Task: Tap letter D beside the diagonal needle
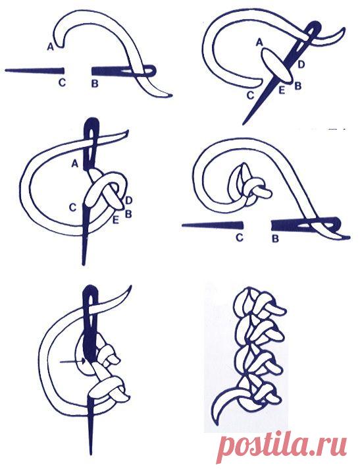(301, 64)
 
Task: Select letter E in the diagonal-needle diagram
(282, 90)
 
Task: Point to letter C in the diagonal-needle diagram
(251, 96)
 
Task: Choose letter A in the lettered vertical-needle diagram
(75, 163)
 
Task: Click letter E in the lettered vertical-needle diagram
(115, 221)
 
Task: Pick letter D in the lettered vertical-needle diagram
(128, 200)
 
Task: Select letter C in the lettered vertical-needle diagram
(73, 208)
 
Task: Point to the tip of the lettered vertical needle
(84, 263)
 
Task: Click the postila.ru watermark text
(283, 443)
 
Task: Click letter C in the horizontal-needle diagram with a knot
(239, 238)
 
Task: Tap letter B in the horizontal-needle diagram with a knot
(275, 239)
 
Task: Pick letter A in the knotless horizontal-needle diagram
(51, 46)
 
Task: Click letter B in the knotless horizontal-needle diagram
(95, 84)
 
